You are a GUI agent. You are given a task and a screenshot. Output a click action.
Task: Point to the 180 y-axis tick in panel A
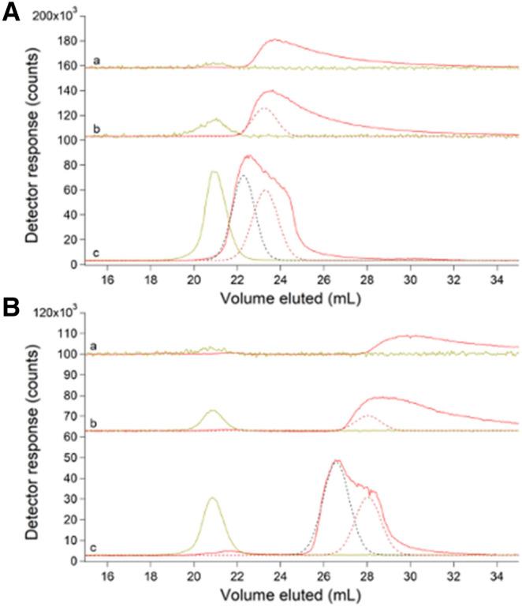pyautogui.click(x=65, y=42)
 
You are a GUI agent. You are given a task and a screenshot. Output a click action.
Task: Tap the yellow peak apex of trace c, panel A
pyautogui.click(x=213, y=171)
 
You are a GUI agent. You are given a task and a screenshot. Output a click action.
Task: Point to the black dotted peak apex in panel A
pyautogui.click(x=244, y=175)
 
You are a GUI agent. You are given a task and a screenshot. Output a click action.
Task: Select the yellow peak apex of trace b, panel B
pyautogui.click(x=211, y=410)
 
